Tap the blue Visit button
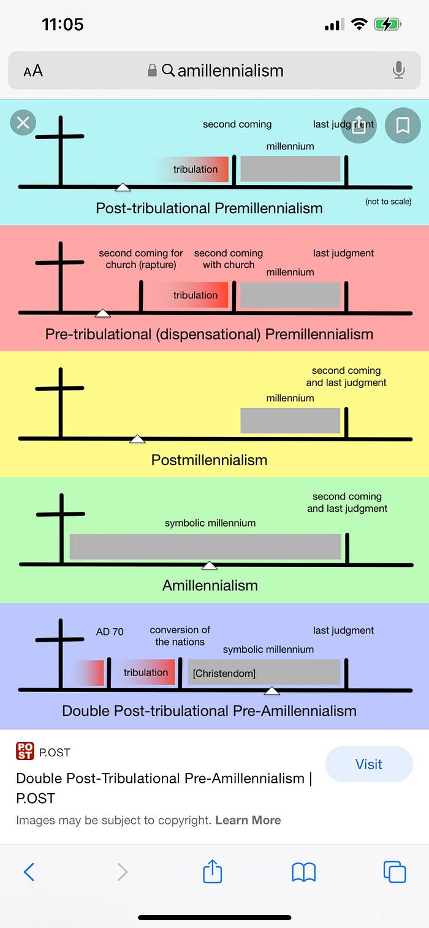tap(368, 764)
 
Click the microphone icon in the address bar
tap(399, 70)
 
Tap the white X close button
tap(23, 123)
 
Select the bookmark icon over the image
tap(403, 126)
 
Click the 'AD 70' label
tap(110, 631)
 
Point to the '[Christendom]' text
tap(224, 674)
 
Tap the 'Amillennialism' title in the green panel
tap(210, 585)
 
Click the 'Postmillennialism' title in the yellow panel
tap(209, 460)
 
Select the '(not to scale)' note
tap(388, 202)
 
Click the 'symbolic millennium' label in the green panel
tap(210, 523)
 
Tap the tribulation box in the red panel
tap(195, 295)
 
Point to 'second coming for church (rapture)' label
tap(141, 259)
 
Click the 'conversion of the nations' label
tap(180, 636)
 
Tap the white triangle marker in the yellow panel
tap(137, 439)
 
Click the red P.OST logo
tap(25, 752)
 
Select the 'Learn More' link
tap(248, 820)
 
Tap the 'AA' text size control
tap(33, 71)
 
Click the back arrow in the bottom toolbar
tap(29, 871)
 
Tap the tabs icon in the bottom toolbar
tap(394, 871)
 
